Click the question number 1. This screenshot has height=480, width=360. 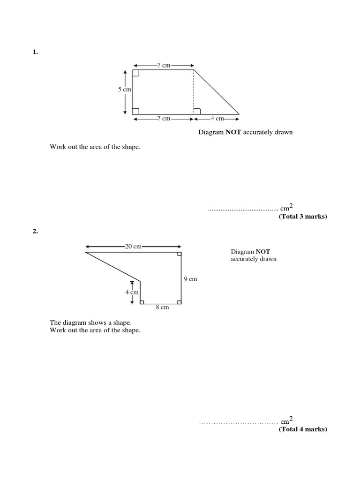point(35,52)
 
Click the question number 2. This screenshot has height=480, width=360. point(35,231)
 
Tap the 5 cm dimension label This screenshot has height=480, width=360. point(124,89)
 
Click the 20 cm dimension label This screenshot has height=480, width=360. point(133,246)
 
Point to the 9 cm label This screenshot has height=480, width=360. point(190,279)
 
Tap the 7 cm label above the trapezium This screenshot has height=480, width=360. point(164,66)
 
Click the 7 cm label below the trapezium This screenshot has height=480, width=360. point(164,119)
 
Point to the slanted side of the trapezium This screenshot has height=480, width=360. point(217,92)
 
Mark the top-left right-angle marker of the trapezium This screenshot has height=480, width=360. point(135,73)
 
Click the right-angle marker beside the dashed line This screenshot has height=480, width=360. point(197,111)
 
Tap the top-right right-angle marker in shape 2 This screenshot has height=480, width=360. point(179,255)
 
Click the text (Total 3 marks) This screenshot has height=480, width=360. point(302,217)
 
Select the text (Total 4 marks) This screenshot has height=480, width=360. point(302,429)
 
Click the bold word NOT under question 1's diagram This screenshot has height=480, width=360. point(233,132)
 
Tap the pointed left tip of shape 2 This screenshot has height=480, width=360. point(86,253)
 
